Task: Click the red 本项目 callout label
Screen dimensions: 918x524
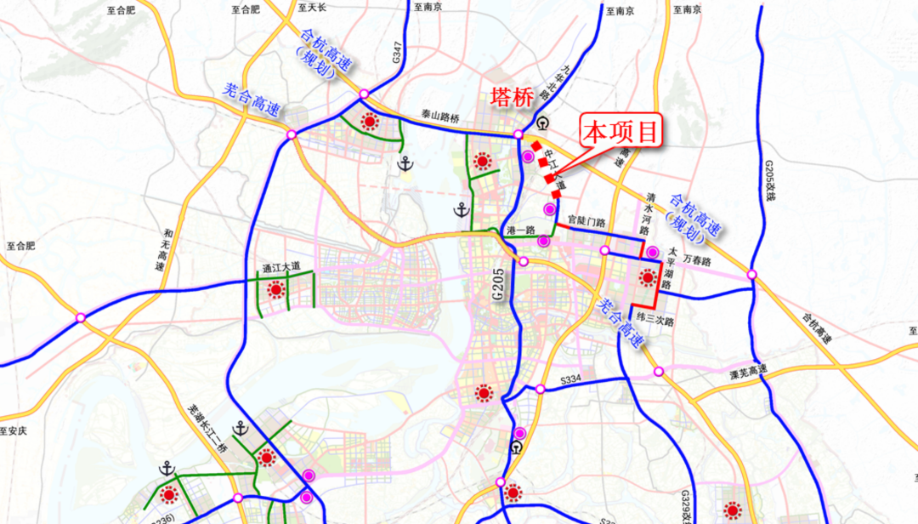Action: (621, 133)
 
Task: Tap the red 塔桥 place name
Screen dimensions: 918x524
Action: (512, 98)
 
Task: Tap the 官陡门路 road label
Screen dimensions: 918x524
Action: (586, 222)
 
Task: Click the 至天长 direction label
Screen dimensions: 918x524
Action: (312, 7)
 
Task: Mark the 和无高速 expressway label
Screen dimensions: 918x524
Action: (164, 248)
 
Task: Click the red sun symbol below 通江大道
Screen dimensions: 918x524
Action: (275, 290)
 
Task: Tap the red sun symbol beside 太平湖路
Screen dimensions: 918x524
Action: (649, 277)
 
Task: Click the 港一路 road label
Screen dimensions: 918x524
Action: (518, 231)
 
